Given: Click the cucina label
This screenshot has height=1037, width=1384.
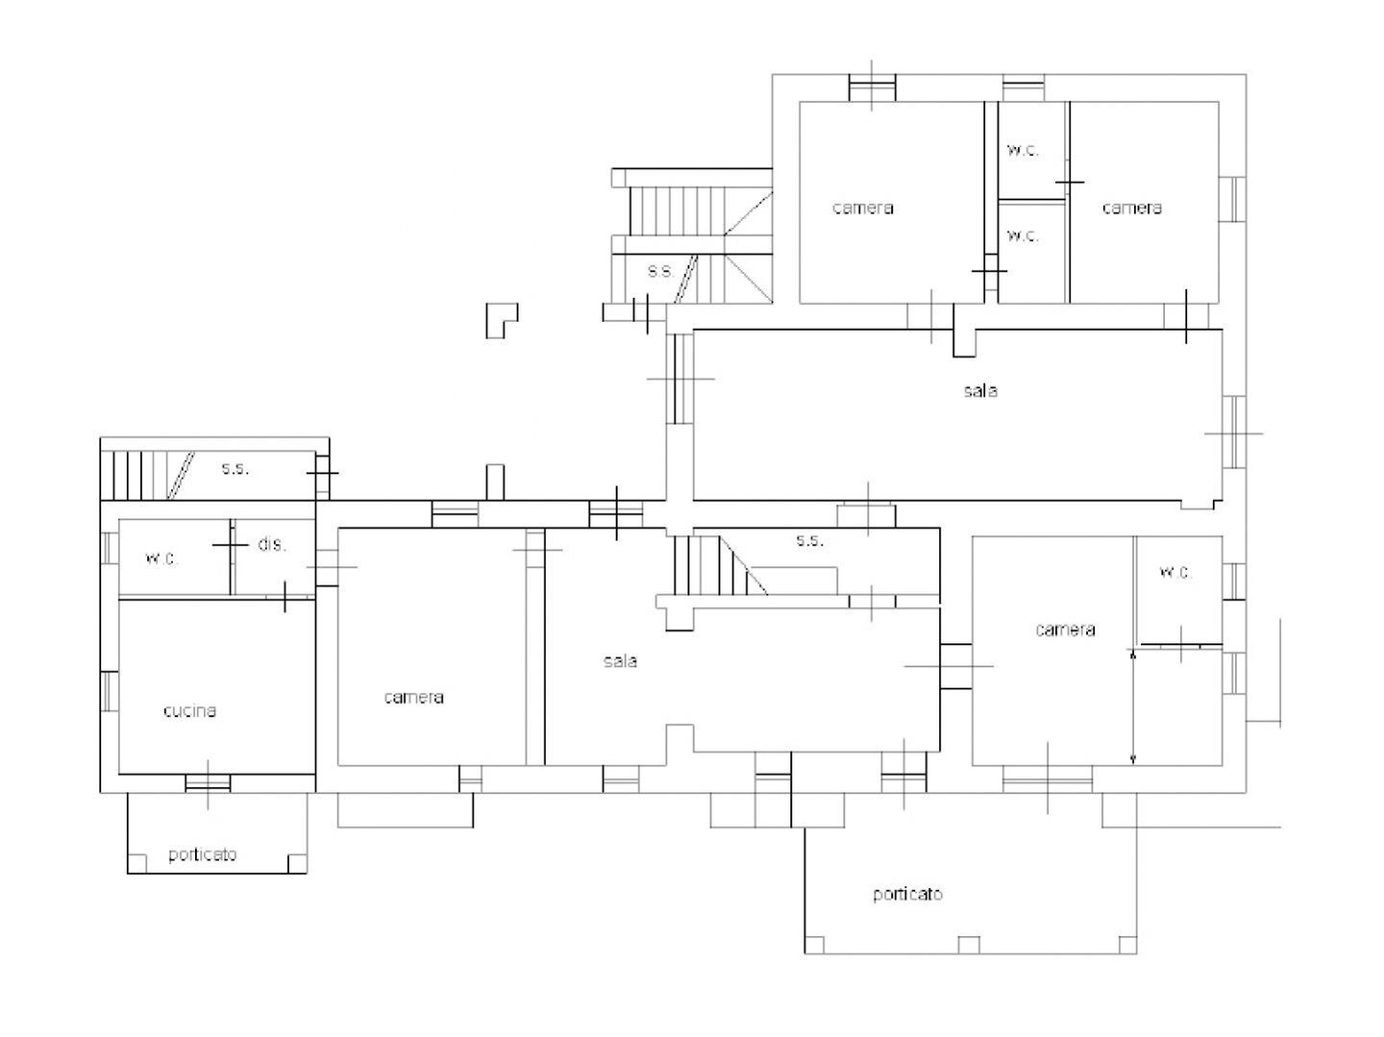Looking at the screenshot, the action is pos(189,711).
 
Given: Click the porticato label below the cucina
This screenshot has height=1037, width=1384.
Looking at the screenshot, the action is pos(203,854).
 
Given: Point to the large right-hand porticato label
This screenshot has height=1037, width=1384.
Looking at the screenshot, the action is pos(907,894).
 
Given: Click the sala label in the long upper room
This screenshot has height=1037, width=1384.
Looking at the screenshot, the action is pos(980,391).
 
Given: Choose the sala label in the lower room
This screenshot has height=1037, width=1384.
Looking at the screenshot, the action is pos(620,660).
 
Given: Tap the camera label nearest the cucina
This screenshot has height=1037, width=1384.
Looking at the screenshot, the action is pos(413,697).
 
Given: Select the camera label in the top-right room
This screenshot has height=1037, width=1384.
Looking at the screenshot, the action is pos(1132,208).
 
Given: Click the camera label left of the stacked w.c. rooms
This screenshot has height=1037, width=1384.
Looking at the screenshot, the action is pos(862,208).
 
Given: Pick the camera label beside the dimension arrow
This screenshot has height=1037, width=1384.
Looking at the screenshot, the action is pos(1065,630).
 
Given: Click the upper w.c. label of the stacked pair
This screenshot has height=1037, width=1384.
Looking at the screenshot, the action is pos(1023,150).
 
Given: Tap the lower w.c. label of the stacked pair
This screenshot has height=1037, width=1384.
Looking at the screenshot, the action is pos(1023,235).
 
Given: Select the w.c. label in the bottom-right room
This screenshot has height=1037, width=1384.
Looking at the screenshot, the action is pos(1175,572).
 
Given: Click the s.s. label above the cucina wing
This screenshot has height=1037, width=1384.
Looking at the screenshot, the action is pos(235,468).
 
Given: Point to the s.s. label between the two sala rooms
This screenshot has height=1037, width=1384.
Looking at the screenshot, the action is pos(809,540).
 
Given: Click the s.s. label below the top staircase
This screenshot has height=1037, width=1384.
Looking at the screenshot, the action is pos(661,271).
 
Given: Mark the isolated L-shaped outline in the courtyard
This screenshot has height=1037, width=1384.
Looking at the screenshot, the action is pos(502,320).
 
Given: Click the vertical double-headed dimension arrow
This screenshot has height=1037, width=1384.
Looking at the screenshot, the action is pos(1132,707).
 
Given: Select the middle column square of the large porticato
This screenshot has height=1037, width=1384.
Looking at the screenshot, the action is pos(969,945).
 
